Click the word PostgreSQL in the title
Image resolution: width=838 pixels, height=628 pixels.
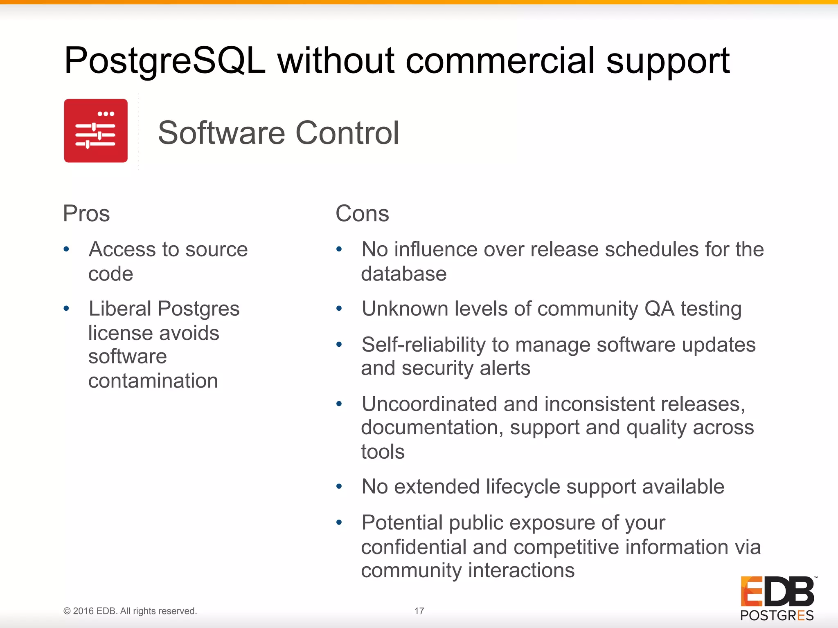point(165,61)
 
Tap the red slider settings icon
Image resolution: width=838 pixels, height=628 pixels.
point(96,131)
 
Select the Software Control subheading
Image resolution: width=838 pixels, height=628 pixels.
point(278,133)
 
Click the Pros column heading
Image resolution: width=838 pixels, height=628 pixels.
point(86,213)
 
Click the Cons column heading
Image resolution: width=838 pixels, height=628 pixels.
point(362,213)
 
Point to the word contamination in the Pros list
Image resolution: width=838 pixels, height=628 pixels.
point(153,381)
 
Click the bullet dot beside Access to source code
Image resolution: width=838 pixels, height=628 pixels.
point(66,249)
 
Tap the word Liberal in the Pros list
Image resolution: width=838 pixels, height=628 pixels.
point(120,309)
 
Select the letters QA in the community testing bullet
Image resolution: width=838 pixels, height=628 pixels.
point(659,309)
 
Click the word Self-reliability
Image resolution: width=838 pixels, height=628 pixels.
point(423,345)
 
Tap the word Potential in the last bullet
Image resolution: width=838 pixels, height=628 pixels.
point(402,523)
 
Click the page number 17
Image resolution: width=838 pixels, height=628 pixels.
point(419,611)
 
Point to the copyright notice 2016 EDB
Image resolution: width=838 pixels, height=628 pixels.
point(130,611)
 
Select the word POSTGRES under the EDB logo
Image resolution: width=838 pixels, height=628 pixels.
point(777,615)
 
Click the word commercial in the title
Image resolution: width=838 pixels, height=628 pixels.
point(500,61)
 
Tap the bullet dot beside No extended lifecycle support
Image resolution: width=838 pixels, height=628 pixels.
point(339,487)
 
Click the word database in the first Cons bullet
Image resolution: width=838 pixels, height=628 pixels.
point(403,274)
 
